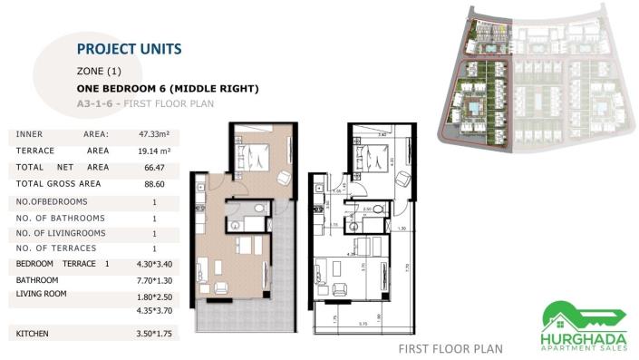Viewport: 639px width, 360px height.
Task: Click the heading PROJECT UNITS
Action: tap(130, 48)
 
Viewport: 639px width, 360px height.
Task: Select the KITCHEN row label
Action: tap(33, 335)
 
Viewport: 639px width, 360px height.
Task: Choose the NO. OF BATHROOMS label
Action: tap(60, 219)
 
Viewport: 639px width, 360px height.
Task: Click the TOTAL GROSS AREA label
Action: tap(58, 184)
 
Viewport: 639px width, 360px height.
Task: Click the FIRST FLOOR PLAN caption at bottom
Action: tap(450, 348)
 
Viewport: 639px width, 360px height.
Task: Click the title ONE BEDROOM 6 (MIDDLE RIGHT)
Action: tap(169, 89)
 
